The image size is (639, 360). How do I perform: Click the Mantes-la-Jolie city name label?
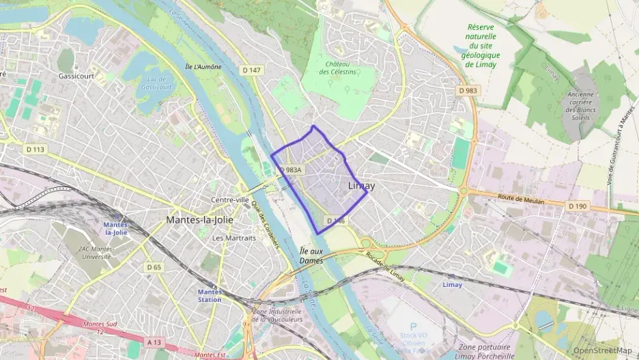click(203, 220)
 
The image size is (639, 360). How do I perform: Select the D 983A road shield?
click(290, 170)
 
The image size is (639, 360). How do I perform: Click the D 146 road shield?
click(336, 221)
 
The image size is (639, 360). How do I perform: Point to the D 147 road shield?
click(251, 70)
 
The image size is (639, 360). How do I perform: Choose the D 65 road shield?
click(154, 267)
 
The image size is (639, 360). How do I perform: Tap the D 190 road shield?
click(577, 205)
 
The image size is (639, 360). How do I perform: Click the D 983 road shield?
click(468, 90)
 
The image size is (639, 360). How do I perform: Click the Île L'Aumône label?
click(203, 66)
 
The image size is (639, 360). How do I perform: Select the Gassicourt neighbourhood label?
click(75, 76)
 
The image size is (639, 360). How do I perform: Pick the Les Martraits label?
click(233, 238)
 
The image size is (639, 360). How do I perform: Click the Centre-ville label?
click(230, 199)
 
